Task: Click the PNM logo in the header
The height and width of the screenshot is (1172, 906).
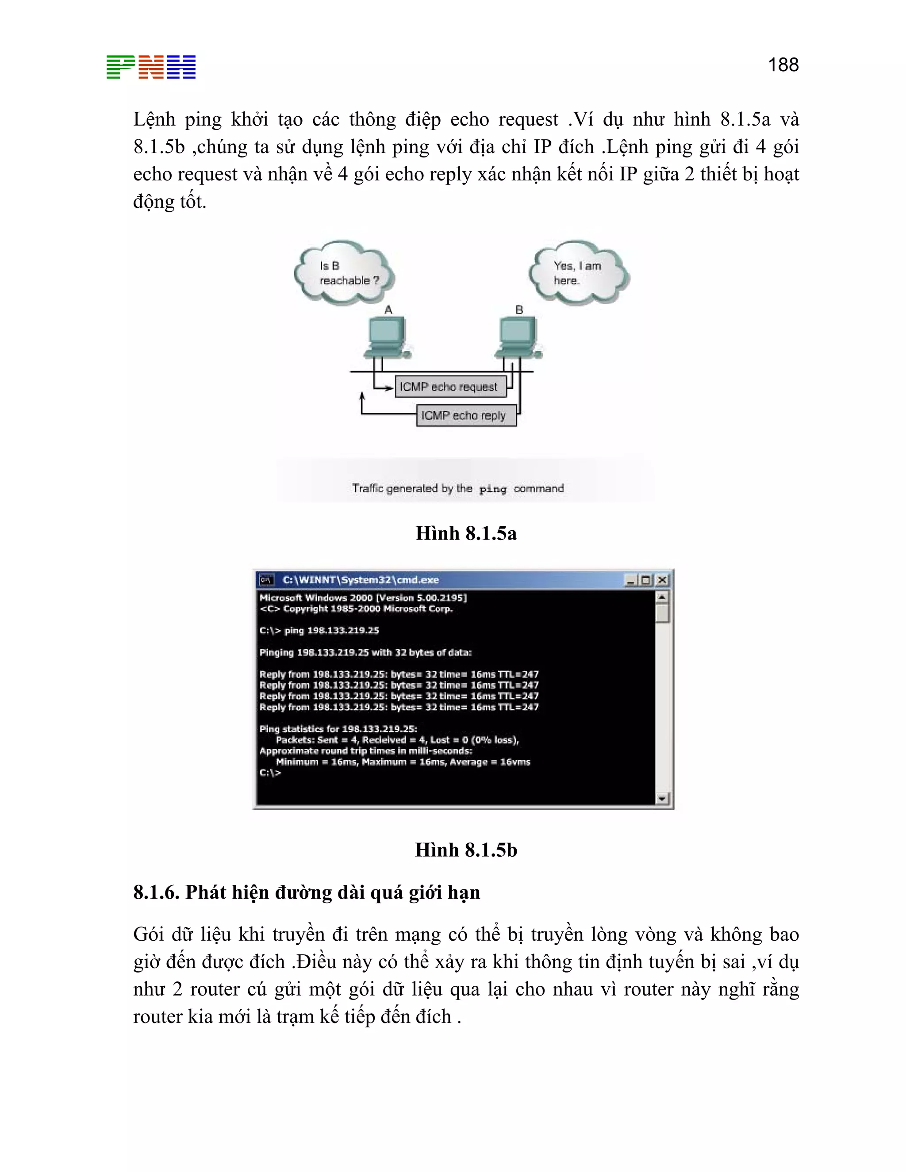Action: tap(151, 67)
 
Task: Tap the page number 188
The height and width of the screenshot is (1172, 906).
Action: tap(783, 65)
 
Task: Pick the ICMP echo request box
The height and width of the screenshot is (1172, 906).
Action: tap(450, 387)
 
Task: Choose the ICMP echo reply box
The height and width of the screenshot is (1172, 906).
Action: tap(466, 415)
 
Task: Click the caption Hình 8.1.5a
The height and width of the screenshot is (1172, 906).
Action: tap(466, 533)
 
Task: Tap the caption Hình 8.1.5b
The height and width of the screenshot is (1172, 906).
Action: tap(466, 850)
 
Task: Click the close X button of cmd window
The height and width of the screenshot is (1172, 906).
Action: tap(662, 580)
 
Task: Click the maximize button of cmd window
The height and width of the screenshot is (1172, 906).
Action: tap(646, 580)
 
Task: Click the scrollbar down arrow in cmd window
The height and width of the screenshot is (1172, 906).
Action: tap(662, 798)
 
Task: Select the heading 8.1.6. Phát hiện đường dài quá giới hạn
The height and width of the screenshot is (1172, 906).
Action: tap(307, 892)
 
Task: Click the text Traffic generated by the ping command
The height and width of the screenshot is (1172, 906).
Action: tap(458, 488)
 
